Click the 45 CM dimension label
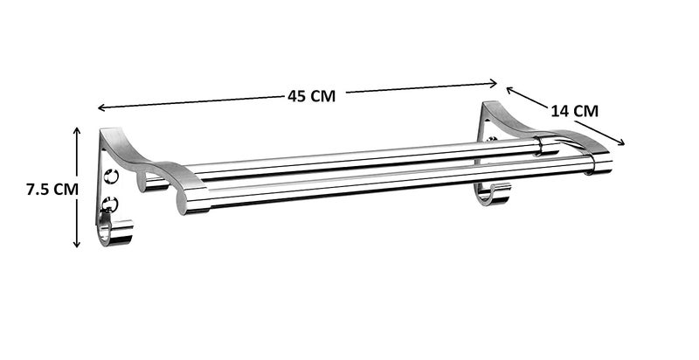click(311, 96)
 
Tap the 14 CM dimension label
click(574, 110)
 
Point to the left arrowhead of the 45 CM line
click(100, 108)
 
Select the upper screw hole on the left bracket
click(111, 177)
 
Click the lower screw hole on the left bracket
click(110, 206)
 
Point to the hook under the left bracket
click(114, 233)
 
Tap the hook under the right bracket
click(493, 195)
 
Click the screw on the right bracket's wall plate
click(491, 140)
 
